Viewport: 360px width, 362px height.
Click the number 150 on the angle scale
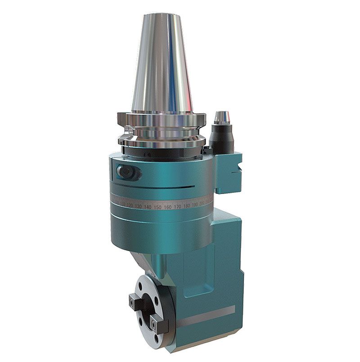(x=157, y=207)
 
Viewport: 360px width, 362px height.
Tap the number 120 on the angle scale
(x=130, y=206)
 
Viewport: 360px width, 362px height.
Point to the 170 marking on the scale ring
(x=177, y=206)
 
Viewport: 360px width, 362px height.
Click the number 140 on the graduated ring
(x=148, y=206)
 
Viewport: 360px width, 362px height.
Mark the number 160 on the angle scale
(x=167, y=207)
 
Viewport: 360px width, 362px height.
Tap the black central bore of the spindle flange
(x=148, y=310)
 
